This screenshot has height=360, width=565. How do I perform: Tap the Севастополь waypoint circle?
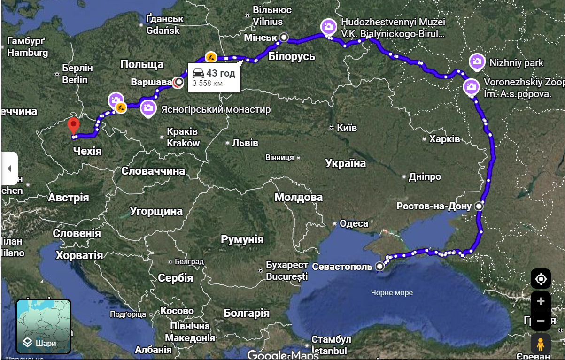pyautogui.click(x=379, y=267)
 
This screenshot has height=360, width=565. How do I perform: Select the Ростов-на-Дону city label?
pyautogui.click(x=434, y=206)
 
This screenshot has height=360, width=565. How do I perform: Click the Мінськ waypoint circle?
pyautogui.click(x=284, y=37)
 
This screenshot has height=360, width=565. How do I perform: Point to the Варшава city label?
pyautogui.click(x=151, y=82)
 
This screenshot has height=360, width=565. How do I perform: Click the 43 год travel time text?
pyautogui.click(x=220, y=73)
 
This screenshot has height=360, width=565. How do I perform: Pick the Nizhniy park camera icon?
pyautogui.click(x=477, y=61)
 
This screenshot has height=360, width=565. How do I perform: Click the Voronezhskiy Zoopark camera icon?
pyautogui.click(x=471, y=86)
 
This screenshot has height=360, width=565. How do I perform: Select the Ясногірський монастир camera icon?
pyautogui.click(x=148, y=107)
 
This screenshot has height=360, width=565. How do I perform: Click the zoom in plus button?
pyautogui.click(x=541, y=301)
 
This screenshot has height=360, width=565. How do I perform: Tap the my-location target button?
pyautogui.click(x=541, y=279)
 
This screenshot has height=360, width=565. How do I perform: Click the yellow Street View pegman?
pyautogui.click(x=541, y=344)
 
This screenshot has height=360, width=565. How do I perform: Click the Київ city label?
pyautogui.click(x=347, y=128)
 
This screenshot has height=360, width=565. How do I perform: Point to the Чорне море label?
pyautogui.click(x=392, y=292)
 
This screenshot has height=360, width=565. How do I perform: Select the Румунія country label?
pyautogui.click(x=242, y=239)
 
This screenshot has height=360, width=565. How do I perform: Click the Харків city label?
pyautogui.click(x=444, y=139)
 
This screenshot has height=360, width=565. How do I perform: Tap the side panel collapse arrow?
pyautogui.click(x=9, y=169)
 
